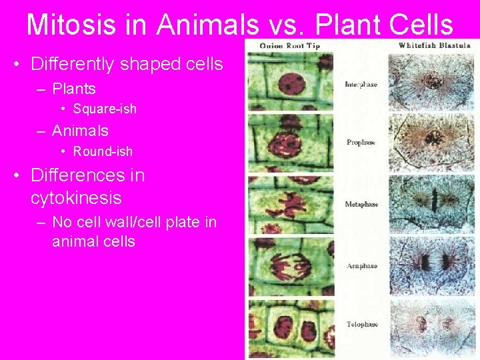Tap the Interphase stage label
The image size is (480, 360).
point(361,85)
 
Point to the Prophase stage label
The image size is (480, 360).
point(361,142)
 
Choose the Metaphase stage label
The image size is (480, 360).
point(361,204)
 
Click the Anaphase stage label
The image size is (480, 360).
point(361,266)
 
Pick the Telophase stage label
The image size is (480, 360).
point(361,325)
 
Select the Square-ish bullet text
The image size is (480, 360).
point(105,109)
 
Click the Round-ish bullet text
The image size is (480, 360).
point(103,151)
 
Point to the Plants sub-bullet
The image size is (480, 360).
point(73,89)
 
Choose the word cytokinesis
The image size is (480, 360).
point(76,198)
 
